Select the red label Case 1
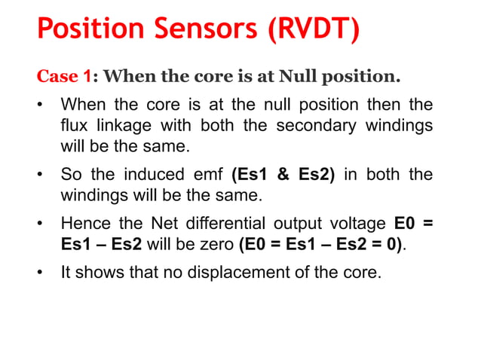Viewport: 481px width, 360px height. pyautogui.click(x=65, y=77)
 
